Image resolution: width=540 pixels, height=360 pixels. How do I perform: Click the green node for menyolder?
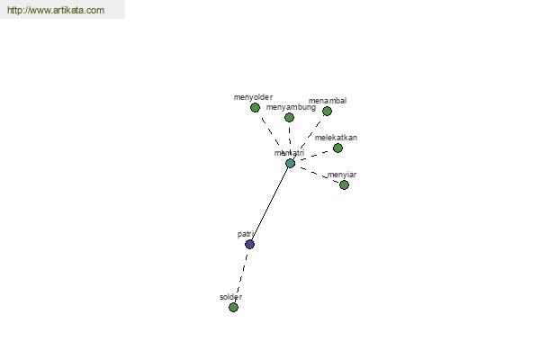click(255, 108)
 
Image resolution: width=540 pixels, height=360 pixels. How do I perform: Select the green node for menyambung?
click(289, 118)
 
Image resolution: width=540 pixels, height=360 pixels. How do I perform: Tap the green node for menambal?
click(327, 112)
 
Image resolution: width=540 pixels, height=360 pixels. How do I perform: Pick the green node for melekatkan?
click(337, 148)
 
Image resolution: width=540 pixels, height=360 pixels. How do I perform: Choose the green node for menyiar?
click(344, 185)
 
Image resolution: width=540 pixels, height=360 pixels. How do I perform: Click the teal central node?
click(291, 163)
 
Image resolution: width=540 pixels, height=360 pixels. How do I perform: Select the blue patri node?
click(249, 244)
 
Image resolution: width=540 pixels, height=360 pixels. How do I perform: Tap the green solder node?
click(233, 307)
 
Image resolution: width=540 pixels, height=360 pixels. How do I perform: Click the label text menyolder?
click(253, 97)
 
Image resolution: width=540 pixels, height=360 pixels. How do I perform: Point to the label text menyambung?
click(291, 107)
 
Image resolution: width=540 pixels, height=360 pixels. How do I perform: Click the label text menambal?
click(328, 101)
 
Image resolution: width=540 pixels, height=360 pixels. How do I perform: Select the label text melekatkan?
click(336, 138)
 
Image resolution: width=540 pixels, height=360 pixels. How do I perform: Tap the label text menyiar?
click(342, 175)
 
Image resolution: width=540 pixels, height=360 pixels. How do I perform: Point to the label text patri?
click(245, 234)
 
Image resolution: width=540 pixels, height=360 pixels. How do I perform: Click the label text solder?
click(230, 297)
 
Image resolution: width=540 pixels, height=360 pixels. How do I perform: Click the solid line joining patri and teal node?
click(270, 203)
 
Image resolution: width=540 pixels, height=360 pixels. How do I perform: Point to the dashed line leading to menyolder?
click(270, 131)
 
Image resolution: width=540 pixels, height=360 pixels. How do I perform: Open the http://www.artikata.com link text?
click(56, 10)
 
